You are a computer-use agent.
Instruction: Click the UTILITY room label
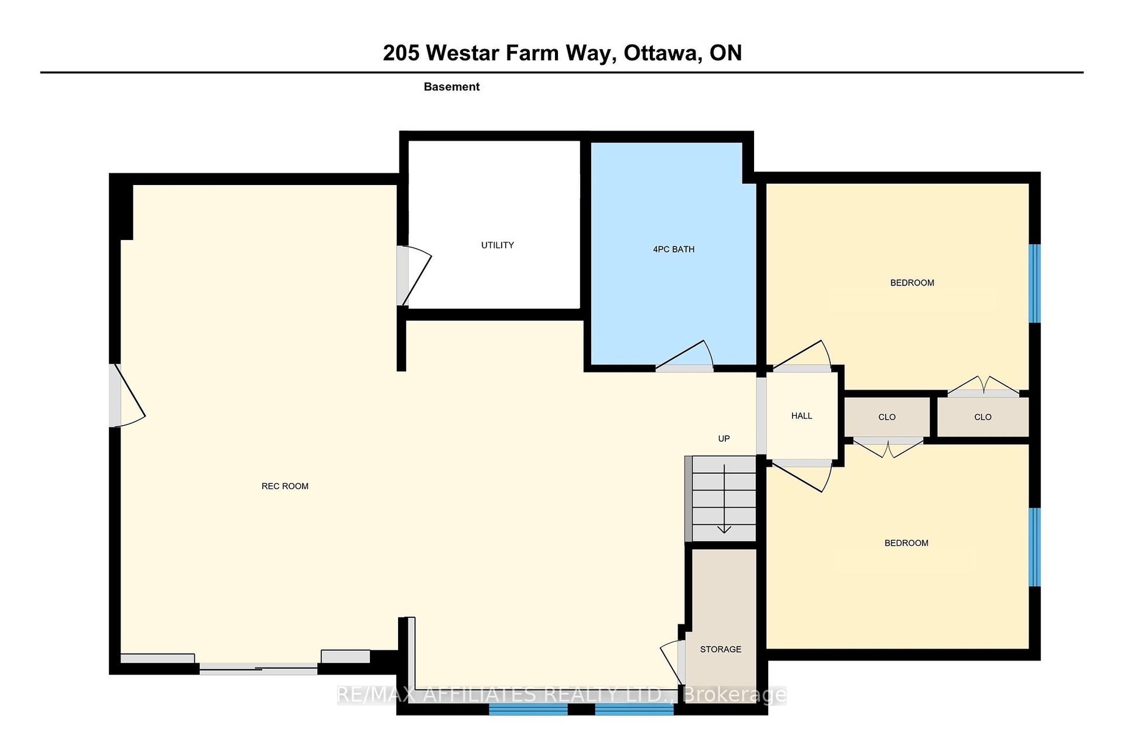pyautogui.click(x=497, y=245)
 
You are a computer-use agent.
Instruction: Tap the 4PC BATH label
pyautogui.click(x=674, y=249)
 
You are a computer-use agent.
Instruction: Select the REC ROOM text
pyautogui.click(x=285, y=486)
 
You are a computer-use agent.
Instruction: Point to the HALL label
pyautogui.click(x=802, y=416)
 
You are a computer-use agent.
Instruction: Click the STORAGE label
pyautogui.click(x=721, y=649)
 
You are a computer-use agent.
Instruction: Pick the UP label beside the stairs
pyautogui.click(x=724, y=439)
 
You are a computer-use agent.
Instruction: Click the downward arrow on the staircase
pyautogui.click(x=725, y=499)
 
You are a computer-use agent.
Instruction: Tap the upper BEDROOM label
pyautogui.click(x=912, y=283)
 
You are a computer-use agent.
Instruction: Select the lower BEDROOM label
pyautogui.click(x=907, y=543)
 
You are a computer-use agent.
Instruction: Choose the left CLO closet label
pyautogui.click(x=887, y=417)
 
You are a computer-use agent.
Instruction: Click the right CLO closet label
pyautogui.click(x=983, y=417)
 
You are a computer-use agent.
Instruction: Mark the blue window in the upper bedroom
pyautogui.click(x=1034, y=284)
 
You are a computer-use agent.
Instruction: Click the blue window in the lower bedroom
pyautogui.click(x=1034, y=547)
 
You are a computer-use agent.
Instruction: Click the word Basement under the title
pyautogui.click(x=451, y=87)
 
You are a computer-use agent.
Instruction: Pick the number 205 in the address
pyautogui.click(x=401, y=53)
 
